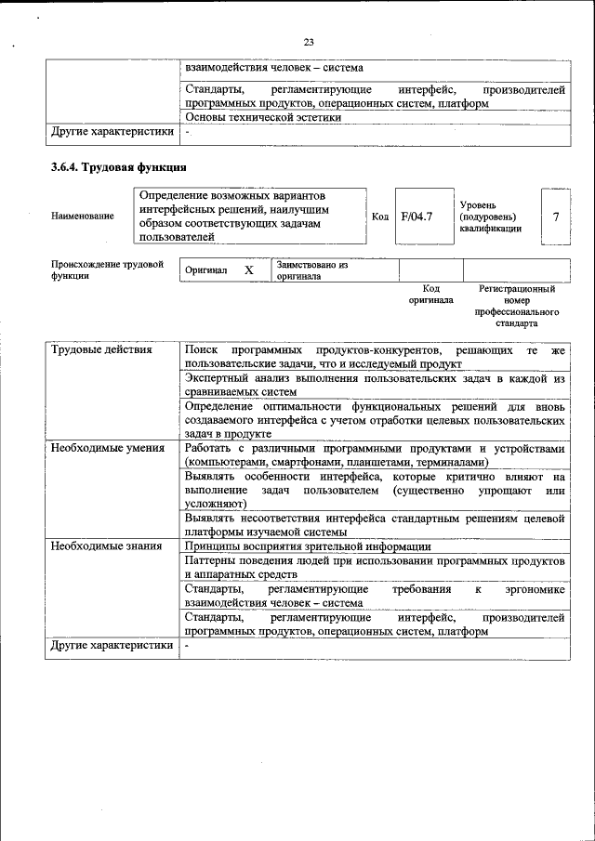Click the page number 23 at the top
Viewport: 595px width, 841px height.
point(309,41)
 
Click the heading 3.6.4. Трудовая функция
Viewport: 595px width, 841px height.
point(119,168)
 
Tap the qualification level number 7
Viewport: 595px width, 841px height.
point(555,217)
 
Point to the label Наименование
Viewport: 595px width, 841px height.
point(83,217)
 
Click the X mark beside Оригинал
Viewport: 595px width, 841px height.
point(248,270)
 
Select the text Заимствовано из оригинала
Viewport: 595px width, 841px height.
point(311,270)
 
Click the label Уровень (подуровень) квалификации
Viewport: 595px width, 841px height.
point(490,217)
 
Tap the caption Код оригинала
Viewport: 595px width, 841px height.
point(430,295)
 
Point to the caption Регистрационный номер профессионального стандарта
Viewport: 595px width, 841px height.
point(517,308)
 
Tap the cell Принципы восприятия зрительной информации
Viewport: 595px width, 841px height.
point(307,546)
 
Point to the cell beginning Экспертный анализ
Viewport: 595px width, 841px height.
point(375,386)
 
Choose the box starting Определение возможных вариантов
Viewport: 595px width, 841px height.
point(251,217)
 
